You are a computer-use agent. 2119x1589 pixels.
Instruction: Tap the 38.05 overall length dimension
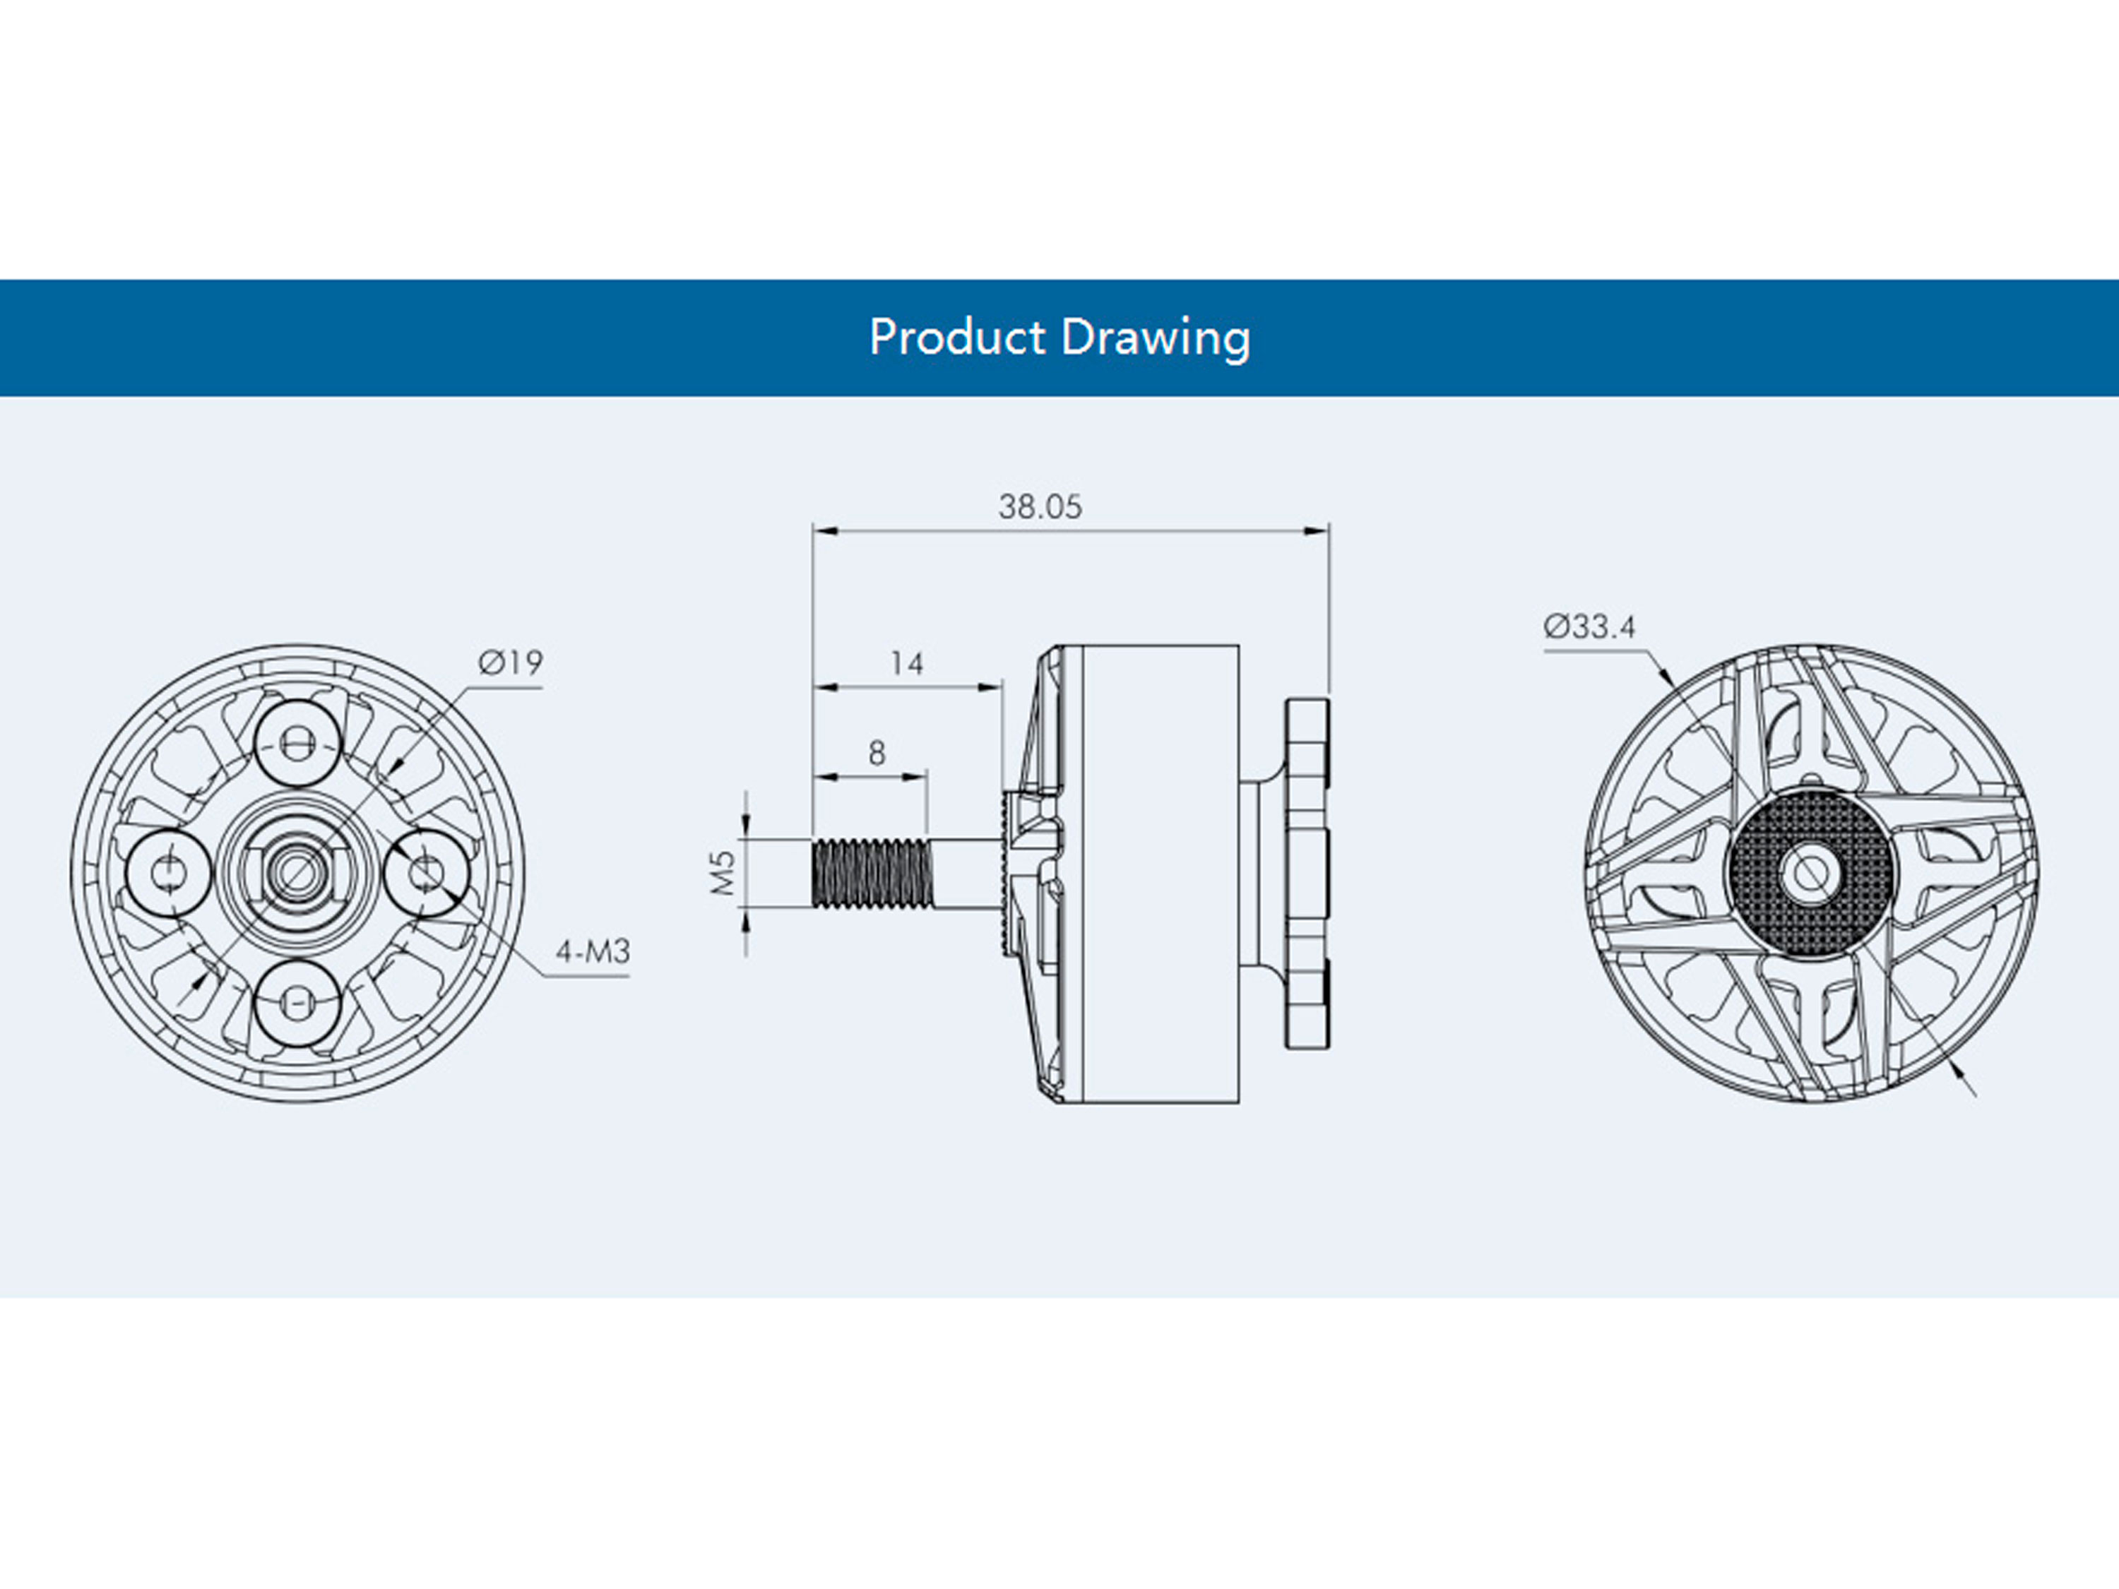[x=1040, y=506]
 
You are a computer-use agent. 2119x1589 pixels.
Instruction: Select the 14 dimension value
[x=906, y=663]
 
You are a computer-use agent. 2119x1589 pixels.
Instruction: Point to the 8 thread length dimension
[x=877, y=754]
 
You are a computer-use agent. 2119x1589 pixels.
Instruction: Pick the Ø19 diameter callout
[x=511, y=662]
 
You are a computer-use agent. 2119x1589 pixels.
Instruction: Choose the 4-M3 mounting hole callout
[x=593, y=952]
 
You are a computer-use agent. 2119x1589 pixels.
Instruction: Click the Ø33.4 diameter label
[x=1589, y=626]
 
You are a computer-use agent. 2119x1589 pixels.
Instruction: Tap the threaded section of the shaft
[x=872, y=873]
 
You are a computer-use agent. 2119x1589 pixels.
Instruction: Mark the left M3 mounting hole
[x=170, y=873]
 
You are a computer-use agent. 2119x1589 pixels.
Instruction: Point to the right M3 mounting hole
[x=427, y=873]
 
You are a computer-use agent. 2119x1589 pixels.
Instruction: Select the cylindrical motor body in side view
[x=1159, y=874]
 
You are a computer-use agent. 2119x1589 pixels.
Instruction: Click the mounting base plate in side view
[x=1307, y=873]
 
